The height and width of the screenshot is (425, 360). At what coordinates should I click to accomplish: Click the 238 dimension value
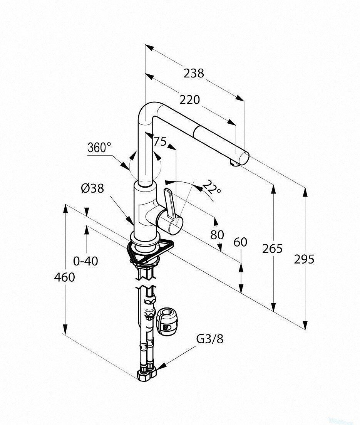coord(194,73)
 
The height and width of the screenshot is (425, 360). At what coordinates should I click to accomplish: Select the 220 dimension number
coord(189,100)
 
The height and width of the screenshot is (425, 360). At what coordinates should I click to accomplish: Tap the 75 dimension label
coord(160,141)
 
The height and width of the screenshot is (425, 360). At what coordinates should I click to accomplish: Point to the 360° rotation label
coord(99,148)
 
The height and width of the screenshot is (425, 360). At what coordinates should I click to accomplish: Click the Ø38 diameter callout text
coord(92,188)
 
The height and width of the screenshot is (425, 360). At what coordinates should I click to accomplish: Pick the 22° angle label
coord(212,186)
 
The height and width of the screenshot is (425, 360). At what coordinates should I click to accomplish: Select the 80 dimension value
coord(217,235)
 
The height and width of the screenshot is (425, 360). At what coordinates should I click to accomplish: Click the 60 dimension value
coord(241,242)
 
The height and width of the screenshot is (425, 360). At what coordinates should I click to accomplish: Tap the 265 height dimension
coord(272,248)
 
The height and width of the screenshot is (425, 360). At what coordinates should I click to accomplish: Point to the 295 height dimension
coord(304,259)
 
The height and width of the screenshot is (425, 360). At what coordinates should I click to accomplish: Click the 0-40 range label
coord(85,261)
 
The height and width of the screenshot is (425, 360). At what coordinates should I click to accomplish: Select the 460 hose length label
coord(64,277)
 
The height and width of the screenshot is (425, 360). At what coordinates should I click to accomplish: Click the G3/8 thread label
coord(210,339)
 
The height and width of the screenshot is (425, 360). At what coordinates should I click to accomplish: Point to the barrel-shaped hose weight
coord(166,321)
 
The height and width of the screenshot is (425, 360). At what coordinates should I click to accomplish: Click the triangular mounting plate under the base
coord(150,251)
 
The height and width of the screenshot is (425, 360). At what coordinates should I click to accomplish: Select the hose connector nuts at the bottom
coord(147,374)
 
